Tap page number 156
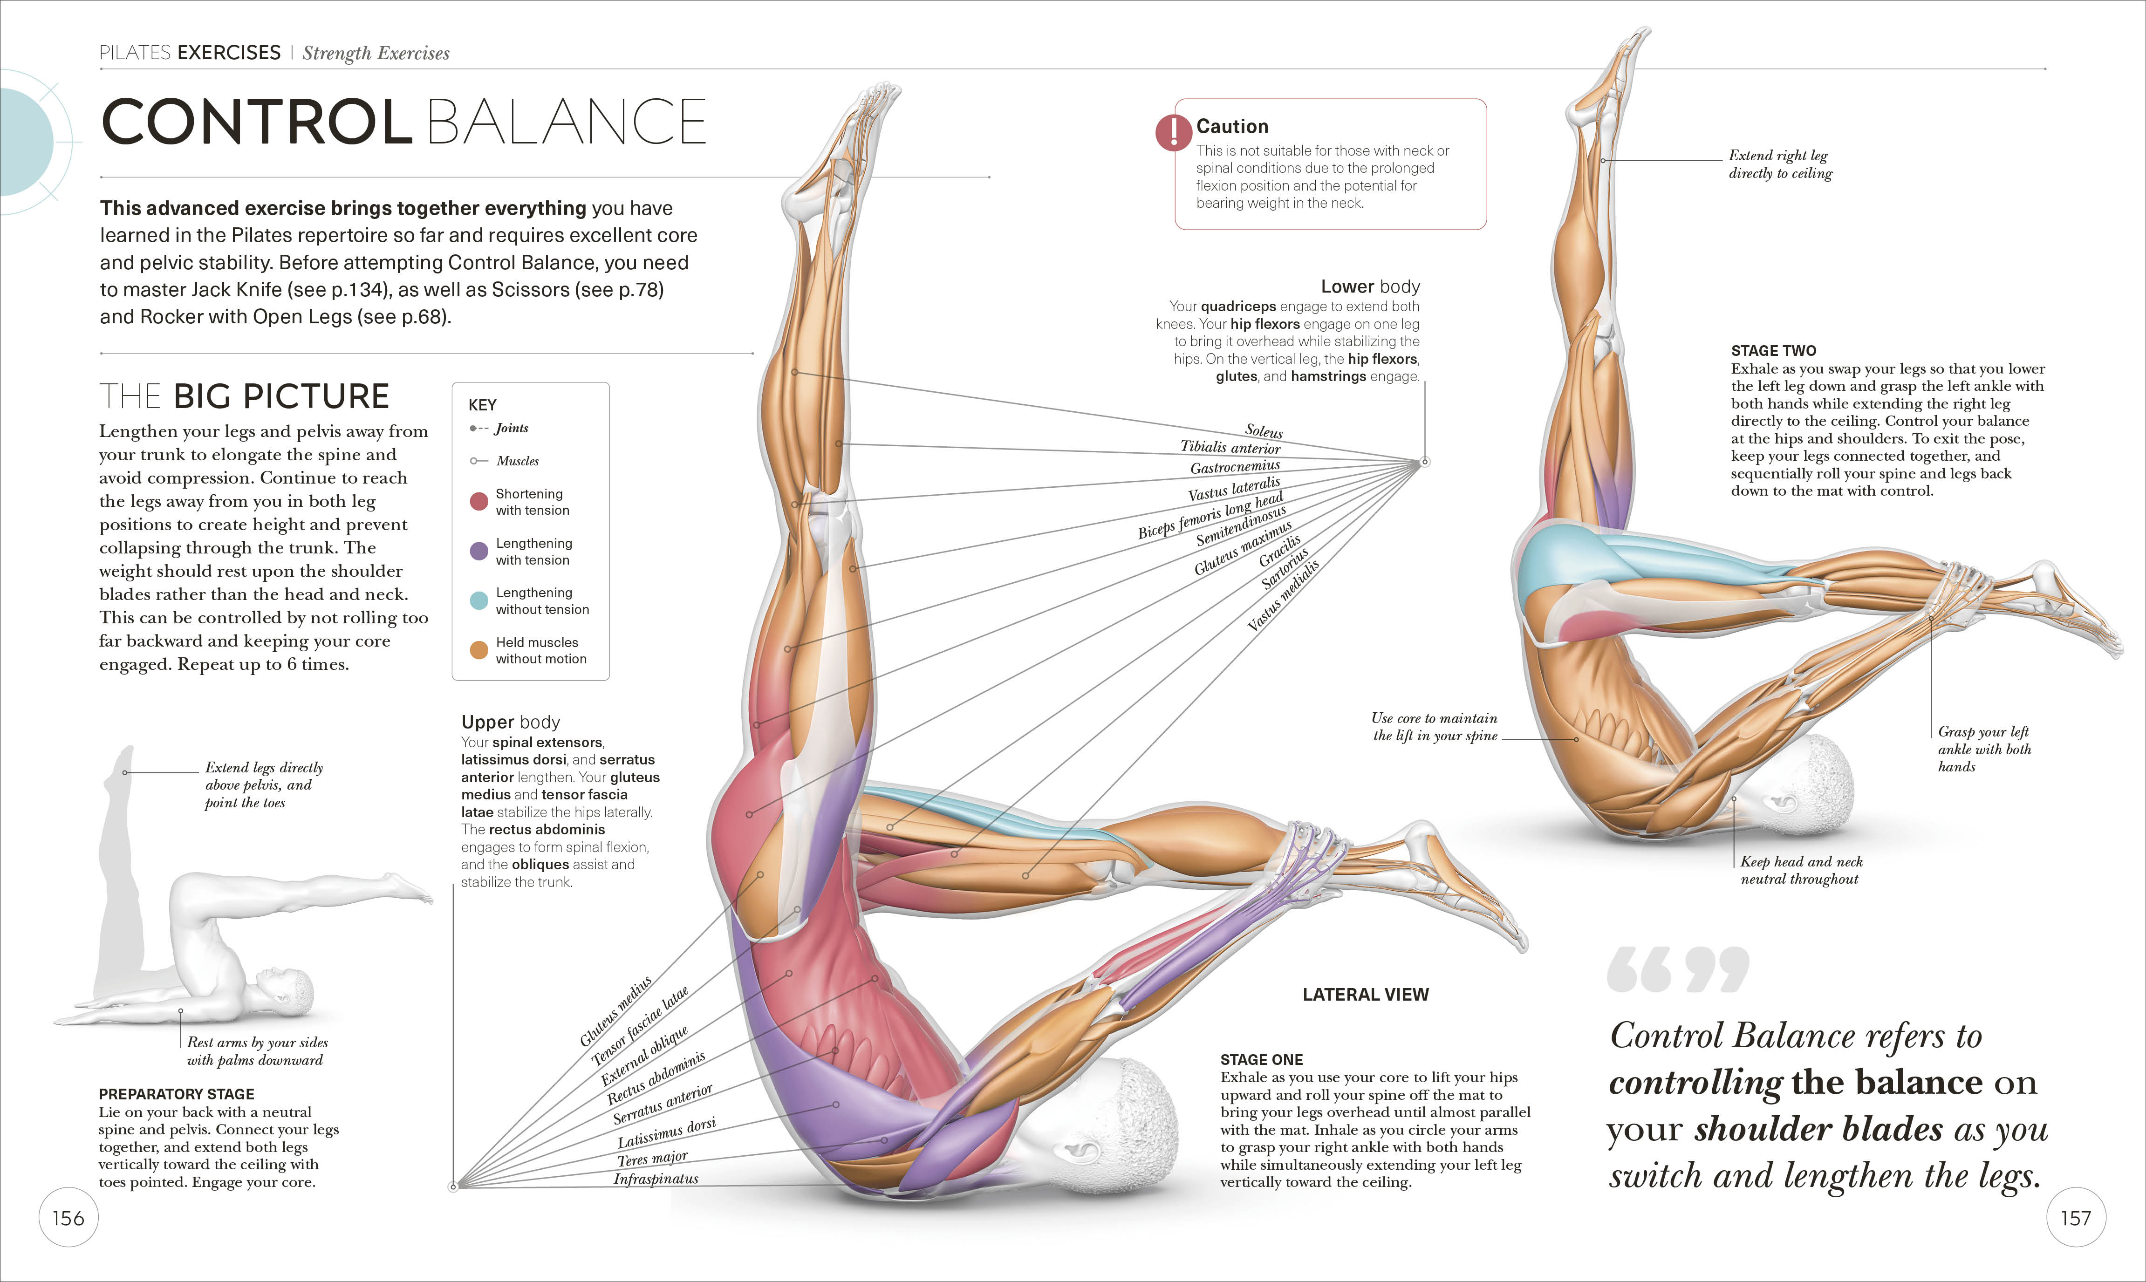(68, 1218)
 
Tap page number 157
(2075, 1218)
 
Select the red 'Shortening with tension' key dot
(478, 502)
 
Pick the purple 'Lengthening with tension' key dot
(478, 551)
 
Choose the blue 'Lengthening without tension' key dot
(478, 600)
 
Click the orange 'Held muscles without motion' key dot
(478, 650)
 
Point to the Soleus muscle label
(1263, 431)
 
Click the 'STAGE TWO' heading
(1773, 351)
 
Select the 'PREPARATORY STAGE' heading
(176, 1094)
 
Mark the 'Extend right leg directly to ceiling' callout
(1780, 164)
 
